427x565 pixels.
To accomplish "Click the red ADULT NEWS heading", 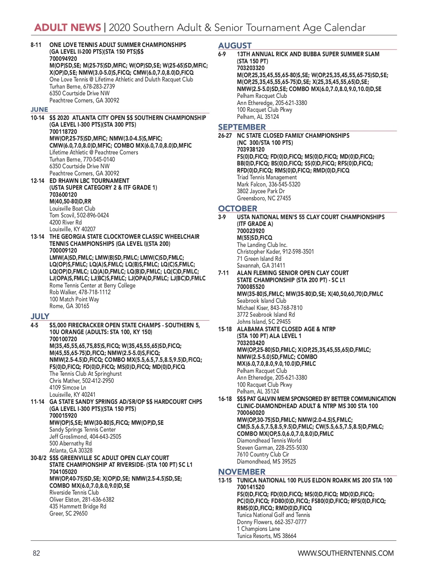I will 68,28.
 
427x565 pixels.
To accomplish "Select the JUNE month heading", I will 39,110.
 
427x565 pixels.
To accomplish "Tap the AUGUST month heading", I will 235,46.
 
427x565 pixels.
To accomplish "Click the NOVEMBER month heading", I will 242,472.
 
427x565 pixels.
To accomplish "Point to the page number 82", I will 36,553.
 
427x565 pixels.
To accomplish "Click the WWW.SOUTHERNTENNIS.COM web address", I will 346,553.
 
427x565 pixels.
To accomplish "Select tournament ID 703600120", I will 63,195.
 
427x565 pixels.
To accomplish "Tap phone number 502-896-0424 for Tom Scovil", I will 93,215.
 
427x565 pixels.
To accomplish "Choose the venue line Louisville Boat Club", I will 72,208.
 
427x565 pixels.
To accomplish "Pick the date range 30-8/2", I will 38,458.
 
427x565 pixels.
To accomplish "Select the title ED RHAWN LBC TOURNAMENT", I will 89,181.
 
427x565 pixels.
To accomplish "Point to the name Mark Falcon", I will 252,184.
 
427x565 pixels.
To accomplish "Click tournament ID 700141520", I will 251,487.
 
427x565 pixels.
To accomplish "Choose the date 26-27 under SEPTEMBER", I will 225,136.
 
